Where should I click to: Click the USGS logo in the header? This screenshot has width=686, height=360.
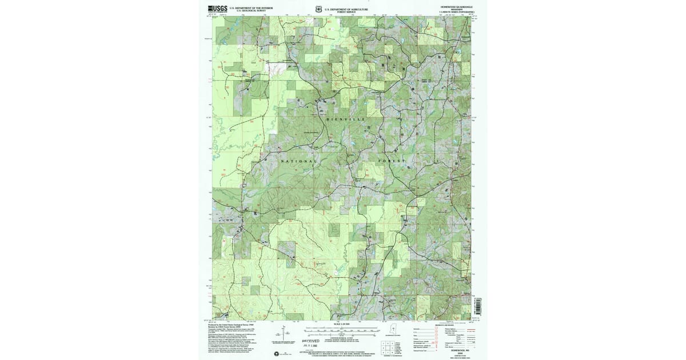pyautogui.click(x=217, y=9)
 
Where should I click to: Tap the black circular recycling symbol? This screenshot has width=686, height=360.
pyautogui.click(x=278, y=354)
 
